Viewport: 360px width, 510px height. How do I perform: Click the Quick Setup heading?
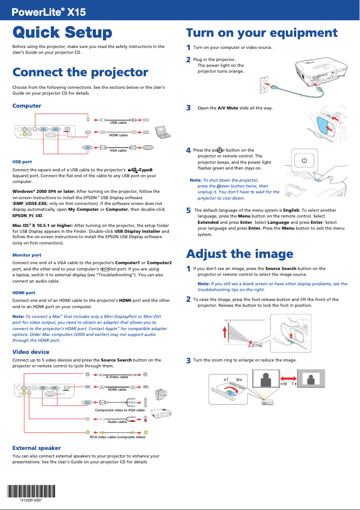coord(62,33)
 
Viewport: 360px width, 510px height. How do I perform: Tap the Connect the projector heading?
coord(80,72)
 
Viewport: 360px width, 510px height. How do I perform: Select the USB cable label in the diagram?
coord(118,122)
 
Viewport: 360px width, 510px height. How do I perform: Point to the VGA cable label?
coord(118,151)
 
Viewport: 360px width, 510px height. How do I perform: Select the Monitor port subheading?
coord(27,255)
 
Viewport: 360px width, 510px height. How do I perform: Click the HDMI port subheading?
coord(24,292)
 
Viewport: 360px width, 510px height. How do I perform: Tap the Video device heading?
coord(31,352)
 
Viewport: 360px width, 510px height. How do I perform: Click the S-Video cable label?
coord(117,377)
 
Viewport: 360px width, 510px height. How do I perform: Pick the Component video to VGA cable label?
coord(120,410)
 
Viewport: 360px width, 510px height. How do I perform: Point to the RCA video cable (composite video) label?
coord(118,436)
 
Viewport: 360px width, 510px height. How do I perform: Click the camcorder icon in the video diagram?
coord(160,395)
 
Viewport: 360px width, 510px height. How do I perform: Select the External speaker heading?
coord(36,448)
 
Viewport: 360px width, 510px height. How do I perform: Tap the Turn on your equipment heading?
coord(262,33)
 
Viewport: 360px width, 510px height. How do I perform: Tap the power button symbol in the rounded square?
coord(304,160)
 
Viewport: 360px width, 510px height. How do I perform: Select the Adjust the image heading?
coord(240,254)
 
